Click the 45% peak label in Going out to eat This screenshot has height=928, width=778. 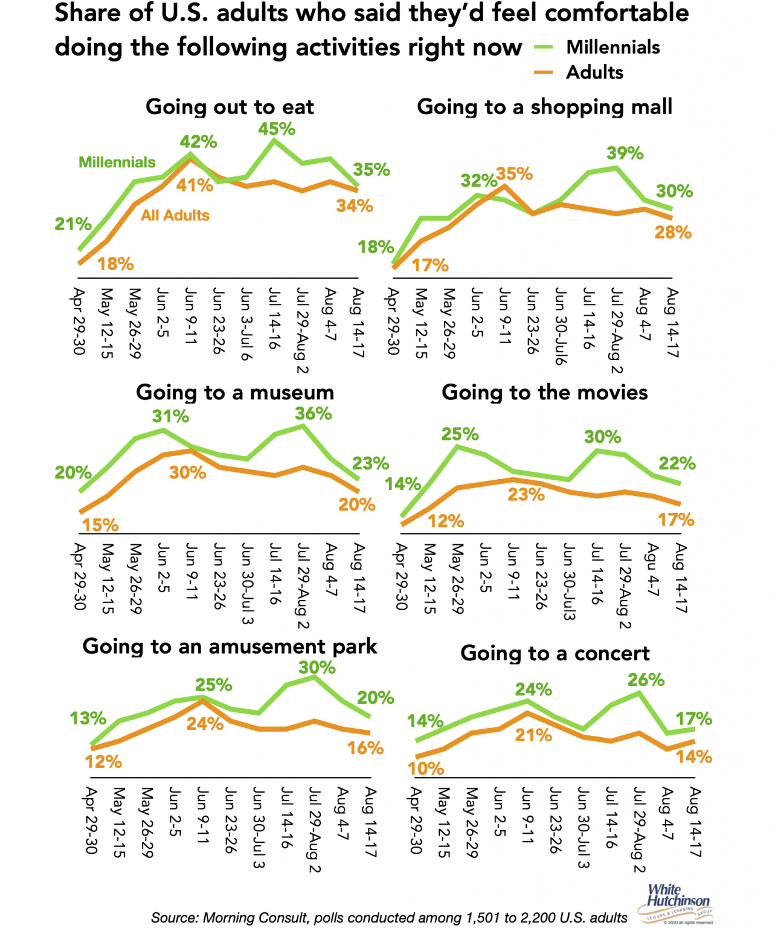tap(277, 129)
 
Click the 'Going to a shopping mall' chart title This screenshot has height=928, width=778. tap(544, 107)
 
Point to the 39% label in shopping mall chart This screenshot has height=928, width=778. tap(625, 153)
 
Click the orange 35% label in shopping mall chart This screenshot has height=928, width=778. tap(515, 174)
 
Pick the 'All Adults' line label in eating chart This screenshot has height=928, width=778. tap(175, 216)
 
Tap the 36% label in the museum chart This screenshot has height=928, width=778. tap(313, 414)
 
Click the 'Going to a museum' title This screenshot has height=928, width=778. tap(235, 393)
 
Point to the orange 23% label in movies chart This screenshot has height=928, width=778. tap(526, 495)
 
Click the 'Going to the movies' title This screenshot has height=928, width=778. tap(544, 393)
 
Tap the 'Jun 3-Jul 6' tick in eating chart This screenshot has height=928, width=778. tap(246, 324)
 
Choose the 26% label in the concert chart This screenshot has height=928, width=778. tap(646, 680)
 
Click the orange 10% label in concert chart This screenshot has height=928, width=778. tap(426, 768)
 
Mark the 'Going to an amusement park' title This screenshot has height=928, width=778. tap(230, 646)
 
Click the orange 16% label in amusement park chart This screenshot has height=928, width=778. tap(365, 749)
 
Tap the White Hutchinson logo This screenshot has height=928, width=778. tap(677, 903)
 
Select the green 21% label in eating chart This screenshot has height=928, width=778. tap(73, 224)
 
